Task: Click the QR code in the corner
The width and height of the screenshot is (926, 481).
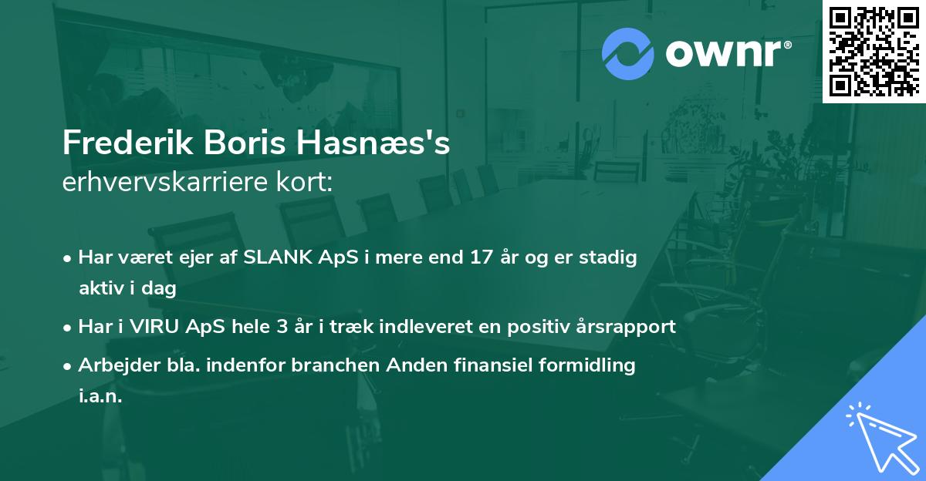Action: (874, 51)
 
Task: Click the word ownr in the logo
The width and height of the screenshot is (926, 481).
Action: (726, 55)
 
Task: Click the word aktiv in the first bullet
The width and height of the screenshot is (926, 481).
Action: (101, 289)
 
